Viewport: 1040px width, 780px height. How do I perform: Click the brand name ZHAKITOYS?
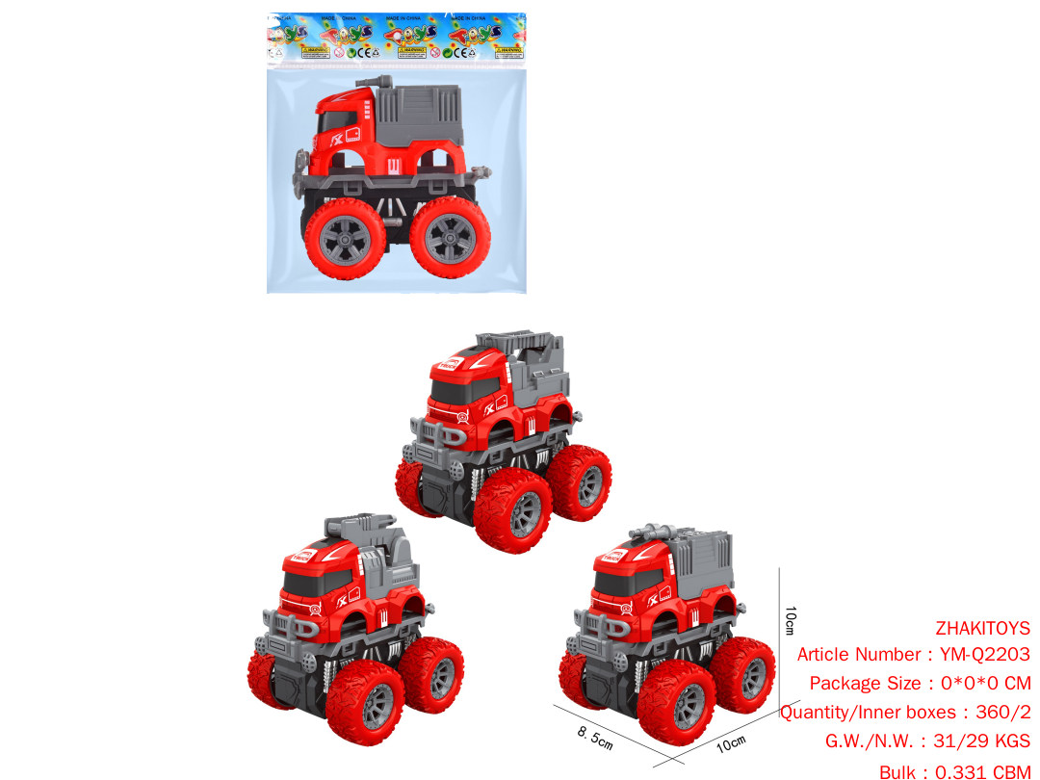(x=982, y=628)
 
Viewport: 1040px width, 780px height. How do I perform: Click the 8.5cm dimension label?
(x=595, y=740)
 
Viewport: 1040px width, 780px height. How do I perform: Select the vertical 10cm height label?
(x=790, y=619)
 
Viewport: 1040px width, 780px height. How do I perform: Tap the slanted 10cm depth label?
(x=733, y=742)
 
